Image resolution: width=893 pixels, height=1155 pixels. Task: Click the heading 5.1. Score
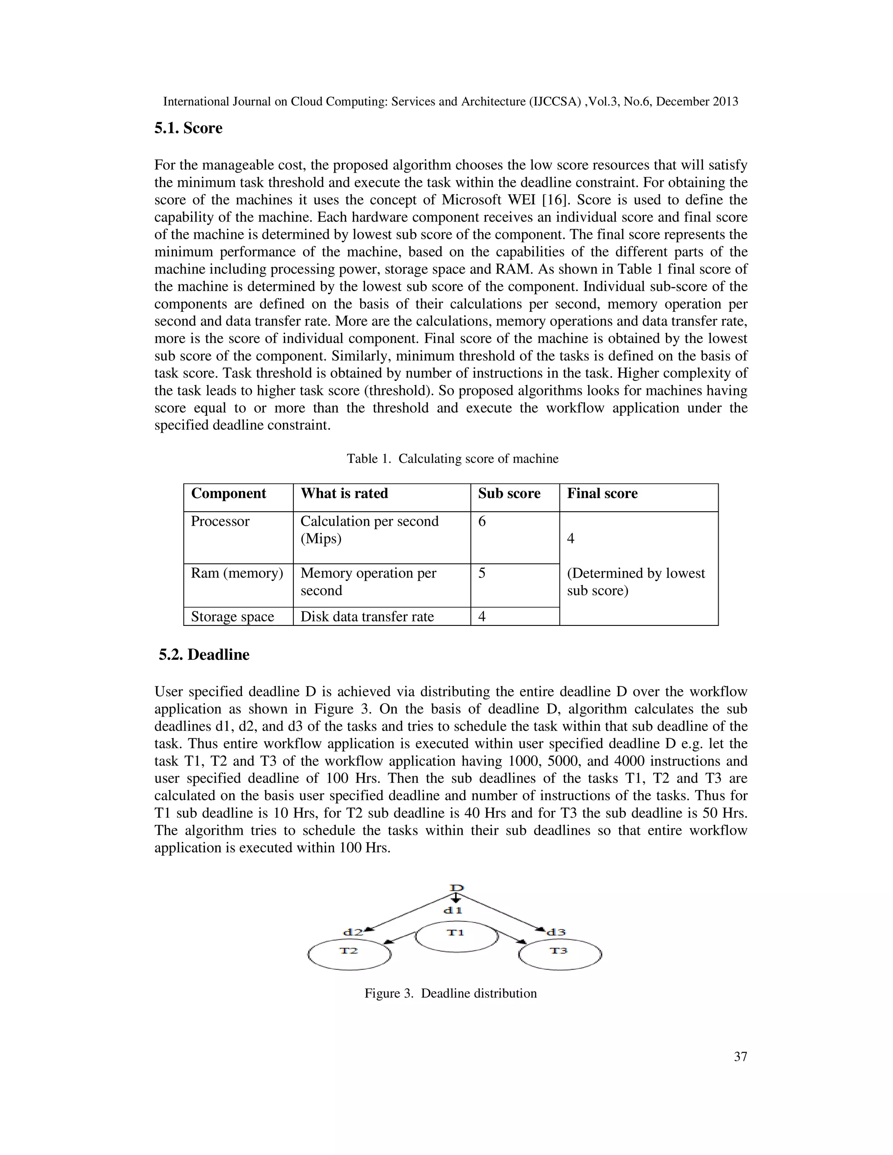[x=188, y=129]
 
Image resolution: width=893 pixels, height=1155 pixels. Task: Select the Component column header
[x=228, y=493]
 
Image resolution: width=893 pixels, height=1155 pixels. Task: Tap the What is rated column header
[x=344, y=493]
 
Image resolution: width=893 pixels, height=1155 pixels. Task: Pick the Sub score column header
[x=509, y=493]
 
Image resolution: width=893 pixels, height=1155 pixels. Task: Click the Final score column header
[x=602, y=493]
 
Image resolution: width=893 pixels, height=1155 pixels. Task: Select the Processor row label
[x=220, y=521]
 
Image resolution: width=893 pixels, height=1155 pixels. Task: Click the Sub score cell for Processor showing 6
[x=482, y=521]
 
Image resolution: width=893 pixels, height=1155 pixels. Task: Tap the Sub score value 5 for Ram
[x=482, y=573]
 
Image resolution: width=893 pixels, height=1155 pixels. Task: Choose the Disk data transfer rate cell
[x=367, y=617]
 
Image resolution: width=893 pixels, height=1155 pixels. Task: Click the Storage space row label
[x=232, y=617]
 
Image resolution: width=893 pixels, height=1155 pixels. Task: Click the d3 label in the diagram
[x=556, y=932]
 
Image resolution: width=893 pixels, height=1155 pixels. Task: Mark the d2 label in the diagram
[x=353, y=932]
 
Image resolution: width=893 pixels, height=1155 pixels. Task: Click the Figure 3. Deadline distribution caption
[x=450, y=993]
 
